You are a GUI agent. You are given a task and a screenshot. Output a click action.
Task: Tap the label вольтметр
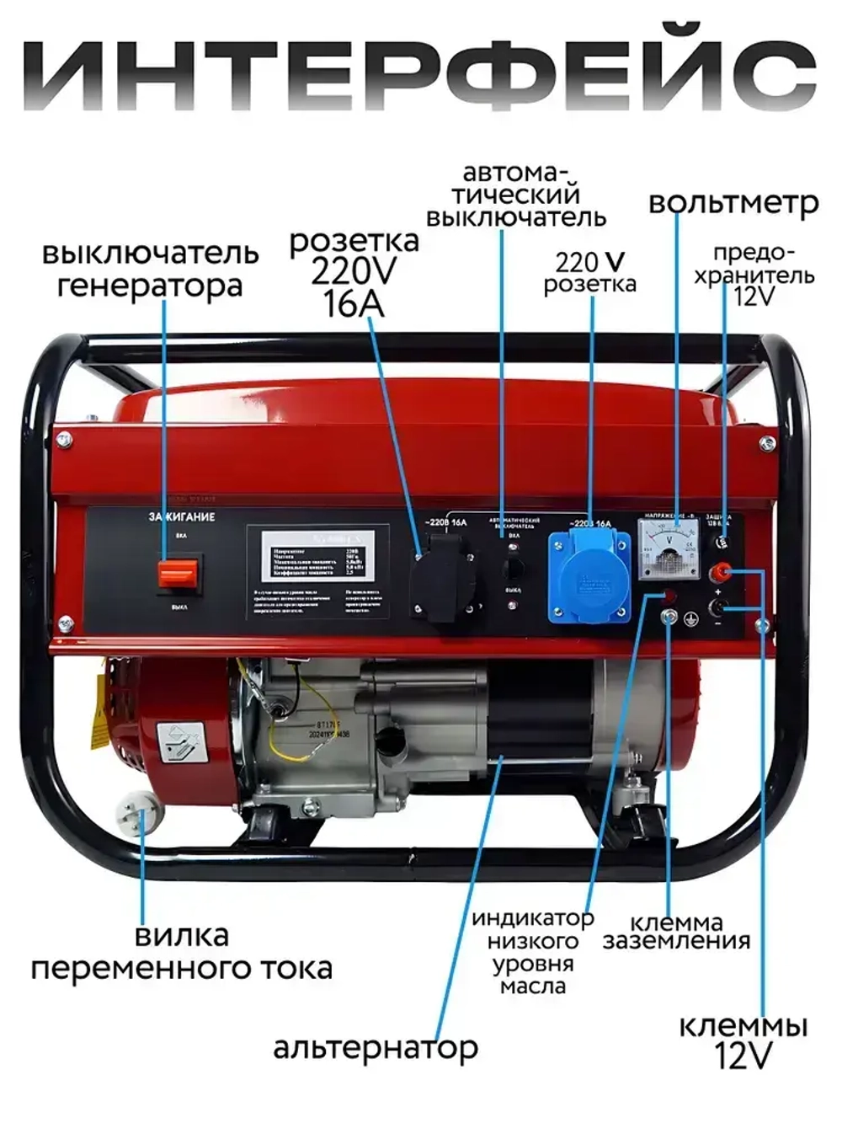(x=733, y=203)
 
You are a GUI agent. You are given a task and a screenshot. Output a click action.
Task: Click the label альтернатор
(x=376, y=1048)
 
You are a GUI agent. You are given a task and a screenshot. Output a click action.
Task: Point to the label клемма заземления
(x=676, y=931)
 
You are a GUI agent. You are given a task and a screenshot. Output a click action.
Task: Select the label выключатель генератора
(x=152, y=270)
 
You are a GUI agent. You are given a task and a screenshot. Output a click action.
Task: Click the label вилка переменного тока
(x=182, y=951)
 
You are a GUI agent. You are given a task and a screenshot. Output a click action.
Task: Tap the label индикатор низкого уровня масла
(x=533, y=951)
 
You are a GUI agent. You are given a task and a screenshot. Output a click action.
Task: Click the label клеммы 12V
(x=743, y=1040)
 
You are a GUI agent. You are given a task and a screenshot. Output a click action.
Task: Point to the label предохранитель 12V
(x=754, y=275)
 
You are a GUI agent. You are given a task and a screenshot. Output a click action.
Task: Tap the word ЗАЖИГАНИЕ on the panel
(x=181, y=516)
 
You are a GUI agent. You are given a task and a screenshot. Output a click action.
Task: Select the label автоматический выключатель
(x=515, y=195)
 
